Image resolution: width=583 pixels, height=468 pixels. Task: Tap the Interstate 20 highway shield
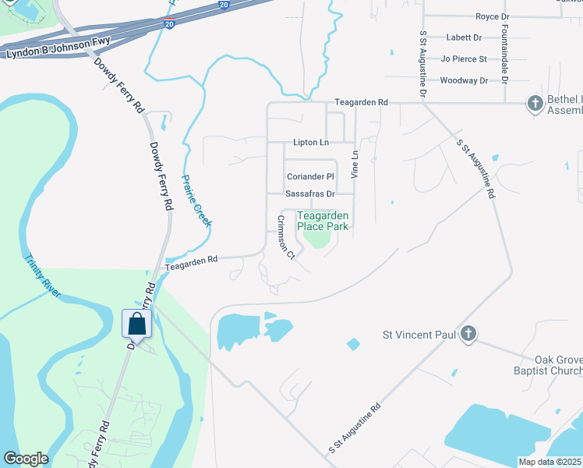[x=169, y=24]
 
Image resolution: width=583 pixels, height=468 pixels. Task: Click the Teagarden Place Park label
[x=323, y=221]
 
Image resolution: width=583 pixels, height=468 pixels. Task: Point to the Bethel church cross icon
[x=535, y=103]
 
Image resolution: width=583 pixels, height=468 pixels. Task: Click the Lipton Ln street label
[x=311, y=143]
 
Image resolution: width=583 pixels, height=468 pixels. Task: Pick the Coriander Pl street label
[x=309, y=176]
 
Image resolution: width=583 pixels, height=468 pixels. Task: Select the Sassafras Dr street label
[x=309, y=193]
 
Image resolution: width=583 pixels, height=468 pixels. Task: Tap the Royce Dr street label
[x=492, y=16]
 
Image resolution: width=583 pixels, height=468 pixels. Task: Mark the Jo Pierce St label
[x=463, y=58]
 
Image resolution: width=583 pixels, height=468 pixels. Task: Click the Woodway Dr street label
[x=463, y=80]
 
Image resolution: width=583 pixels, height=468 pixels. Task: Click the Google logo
[x=26, y=459]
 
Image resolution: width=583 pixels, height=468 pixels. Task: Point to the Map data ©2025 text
[x=549, y=462]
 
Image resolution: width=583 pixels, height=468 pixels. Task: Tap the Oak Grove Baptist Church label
[x=543, y=364]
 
